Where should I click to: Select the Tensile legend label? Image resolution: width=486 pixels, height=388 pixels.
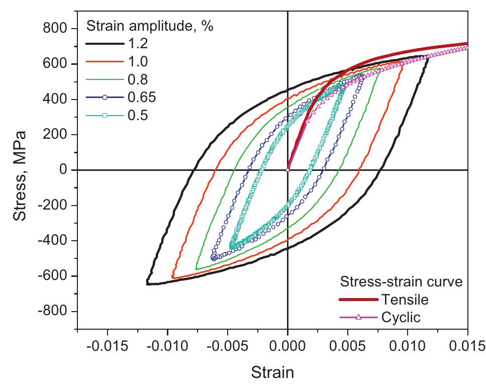[405, 300]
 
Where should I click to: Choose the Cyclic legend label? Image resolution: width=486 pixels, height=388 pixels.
[401, 317]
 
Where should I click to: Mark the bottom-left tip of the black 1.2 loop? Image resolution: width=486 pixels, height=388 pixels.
[147, 283]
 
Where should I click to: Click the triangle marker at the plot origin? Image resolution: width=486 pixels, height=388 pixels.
[287, 170]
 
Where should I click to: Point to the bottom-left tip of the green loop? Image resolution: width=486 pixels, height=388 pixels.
[196, 269]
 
